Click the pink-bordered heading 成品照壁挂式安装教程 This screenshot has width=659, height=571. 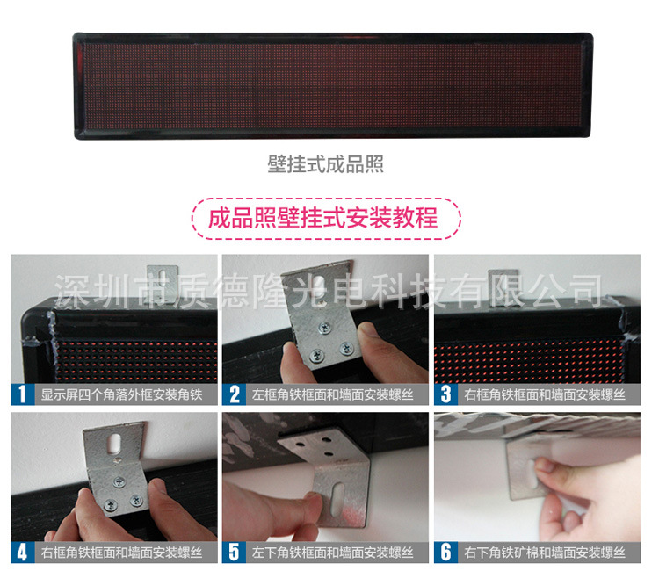326,217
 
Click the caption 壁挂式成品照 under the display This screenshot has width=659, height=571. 326,164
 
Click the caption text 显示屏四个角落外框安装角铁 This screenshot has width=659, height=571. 121,394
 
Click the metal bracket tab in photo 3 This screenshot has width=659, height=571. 502,281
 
